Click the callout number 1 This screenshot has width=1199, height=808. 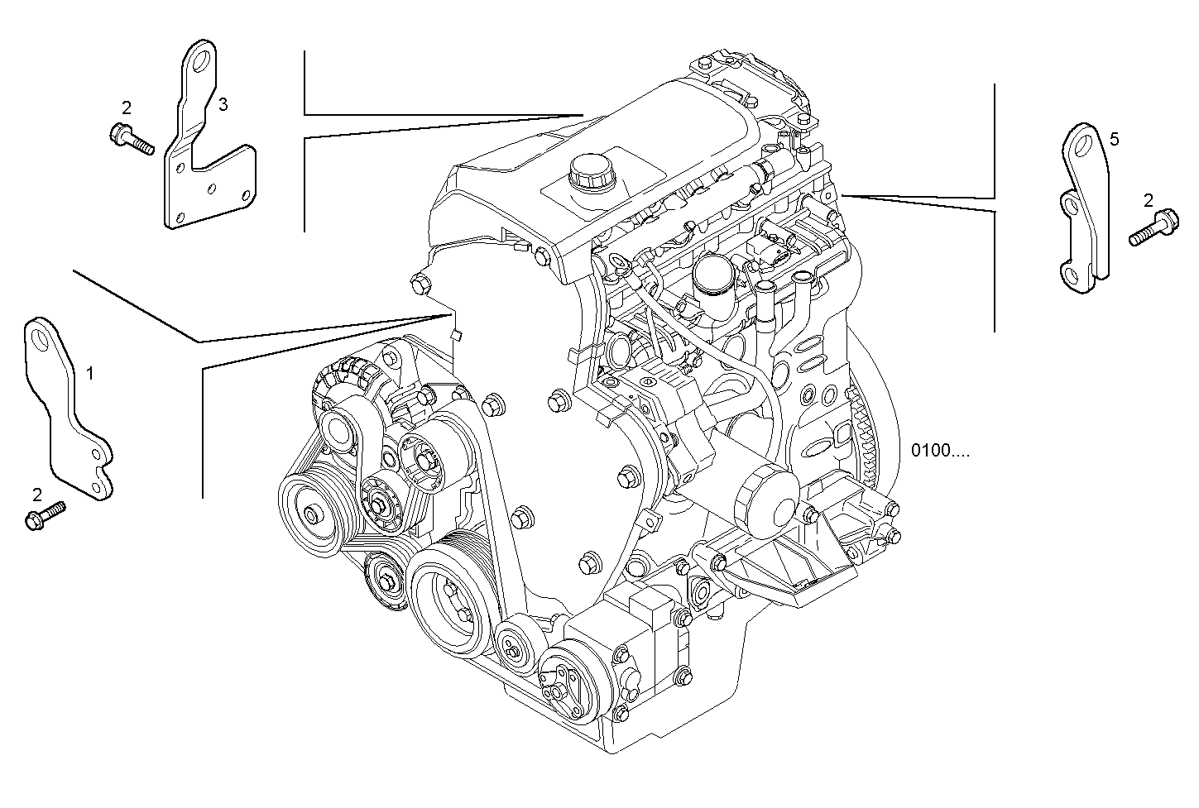tap(90, 374)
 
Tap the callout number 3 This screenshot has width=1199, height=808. tap(223, 104)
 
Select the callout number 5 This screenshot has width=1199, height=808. tap(1114, 140)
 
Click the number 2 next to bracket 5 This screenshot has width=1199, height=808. tap(1148, 200)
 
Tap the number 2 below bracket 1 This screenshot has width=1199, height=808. tap(36, 495)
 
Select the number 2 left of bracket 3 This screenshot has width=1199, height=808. tap(126, 108)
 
